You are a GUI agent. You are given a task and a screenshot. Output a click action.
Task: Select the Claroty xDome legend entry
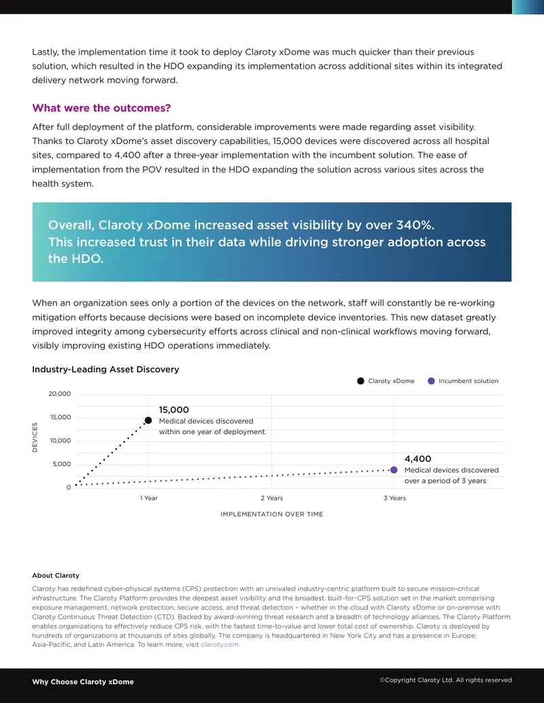[x=386, y=380]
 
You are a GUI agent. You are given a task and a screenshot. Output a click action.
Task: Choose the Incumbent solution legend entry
[x=463, y=380]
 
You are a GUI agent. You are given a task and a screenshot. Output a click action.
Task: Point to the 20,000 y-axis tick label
[x=60, y=394]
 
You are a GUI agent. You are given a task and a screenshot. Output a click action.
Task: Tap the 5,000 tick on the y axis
[x=61, y=464]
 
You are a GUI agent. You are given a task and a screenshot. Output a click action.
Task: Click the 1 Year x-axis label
[x=148, y=498]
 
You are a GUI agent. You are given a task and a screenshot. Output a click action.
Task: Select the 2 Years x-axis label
[x=271, y=498]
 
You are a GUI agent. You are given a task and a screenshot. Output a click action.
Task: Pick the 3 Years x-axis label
[x=394, y=498]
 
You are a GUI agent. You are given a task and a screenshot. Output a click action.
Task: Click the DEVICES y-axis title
[x=35, y=437]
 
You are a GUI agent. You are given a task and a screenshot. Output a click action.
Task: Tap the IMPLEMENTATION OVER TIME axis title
[x=271, y=514]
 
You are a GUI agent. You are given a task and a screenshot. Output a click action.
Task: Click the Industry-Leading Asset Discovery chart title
[x=105, y=369]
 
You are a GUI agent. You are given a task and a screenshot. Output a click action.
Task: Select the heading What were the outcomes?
[x=101, y=108]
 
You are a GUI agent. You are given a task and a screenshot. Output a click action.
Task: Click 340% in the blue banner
[x=415, y=225]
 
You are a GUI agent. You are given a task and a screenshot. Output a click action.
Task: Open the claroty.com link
[x=220, y=645]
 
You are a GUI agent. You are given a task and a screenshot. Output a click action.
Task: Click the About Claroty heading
[x=56, y=576]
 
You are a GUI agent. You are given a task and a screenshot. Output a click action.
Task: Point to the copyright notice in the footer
[x=445, y=680]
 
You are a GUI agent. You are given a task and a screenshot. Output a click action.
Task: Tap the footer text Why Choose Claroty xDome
[x=83, y=682]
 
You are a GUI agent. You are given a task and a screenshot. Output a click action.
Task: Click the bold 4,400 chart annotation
[x=418, y=458]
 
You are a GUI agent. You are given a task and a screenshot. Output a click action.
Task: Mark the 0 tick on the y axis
[x=69, y=488]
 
